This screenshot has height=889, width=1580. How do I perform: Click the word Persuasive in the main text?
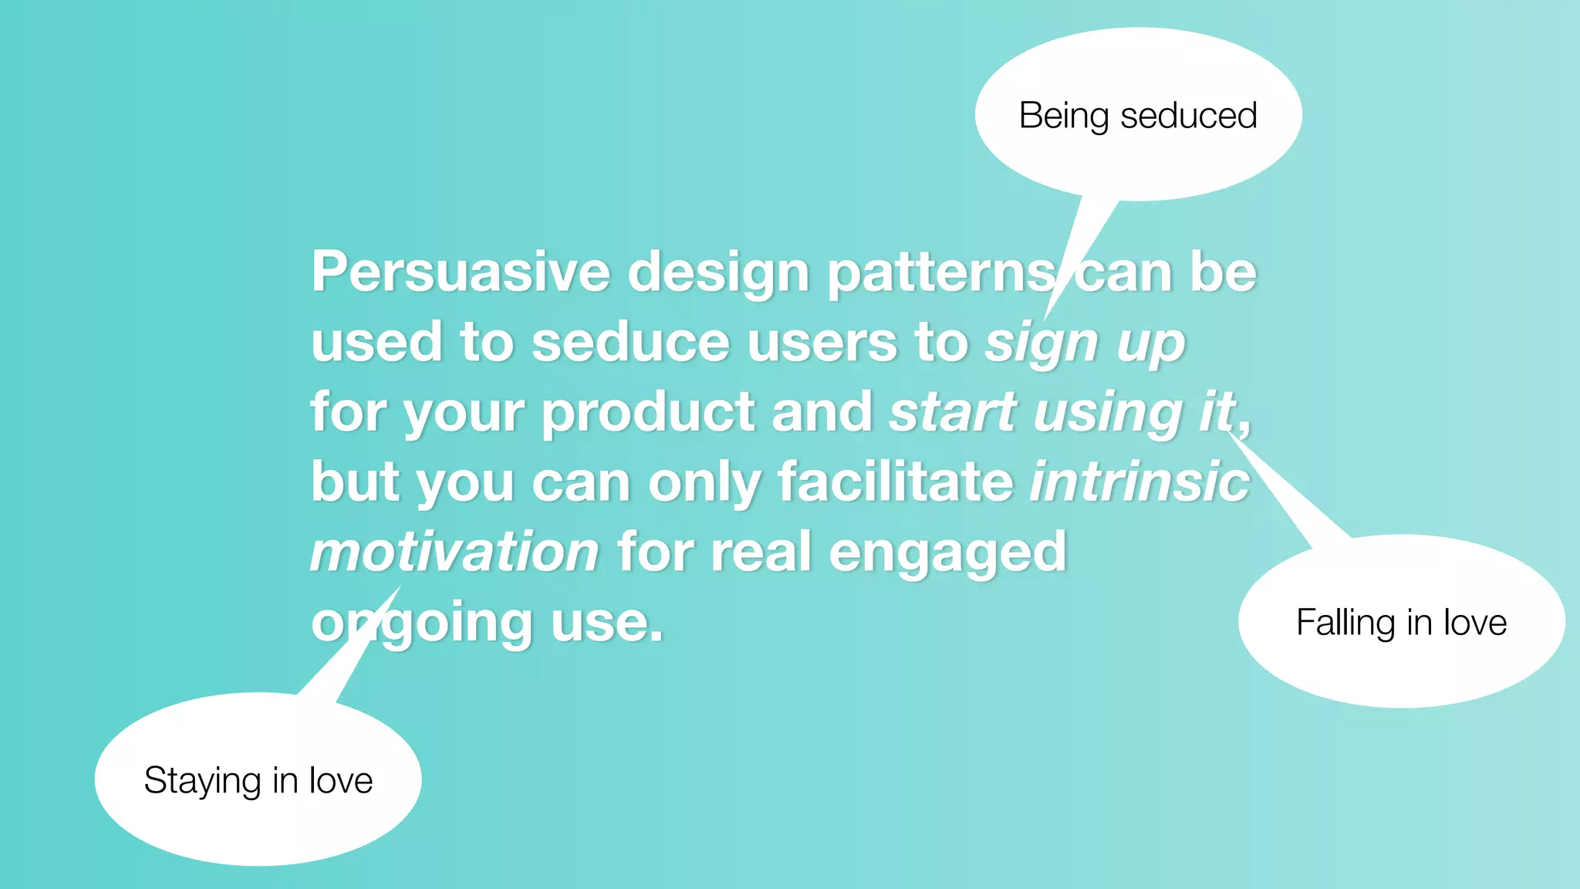461,272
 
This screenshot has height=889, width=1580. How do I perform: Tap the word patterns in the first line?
941,272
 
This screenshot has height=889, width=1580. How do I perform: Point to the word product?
648,412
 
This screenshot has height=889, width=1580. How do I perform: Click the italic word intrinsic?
1139,482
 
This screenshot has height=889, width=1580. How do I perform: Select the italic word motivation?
454,552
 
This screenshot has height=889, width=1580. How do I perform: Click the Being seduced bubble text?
1138,116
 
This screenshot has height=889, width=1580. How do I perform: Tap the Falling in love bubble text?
1401,622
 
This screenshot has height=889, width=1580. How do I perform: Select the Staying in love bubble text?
258,780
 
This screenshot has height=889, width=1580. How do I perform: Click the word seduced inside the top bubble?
1189,116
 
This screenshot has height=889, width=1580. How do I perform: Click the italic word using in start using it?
1109,414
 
